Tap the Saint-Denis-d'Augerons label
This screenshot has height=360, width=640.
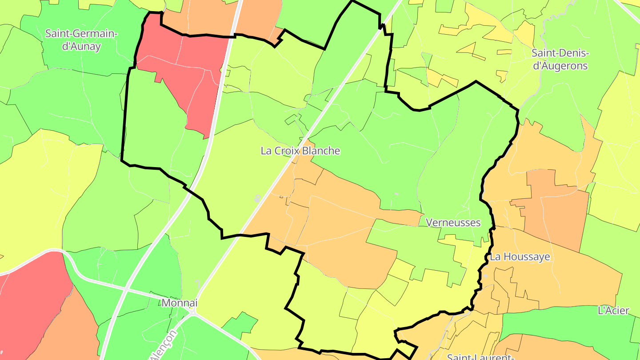[x=560, y=60]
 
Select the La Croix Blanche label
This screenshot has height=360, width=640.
[x=300, y=151]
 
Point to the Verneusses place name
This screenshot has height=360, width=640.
[x=453, y=222]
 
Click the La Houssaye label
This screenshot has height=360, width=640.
[x=520, y=256]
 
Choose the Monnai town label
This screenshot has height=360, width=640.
[x=179, y=303]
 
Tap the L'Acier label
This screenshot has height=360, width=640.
[x=613, y=310]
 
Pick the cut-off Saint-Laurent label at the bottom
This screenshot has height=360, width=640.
[x=480, y=356]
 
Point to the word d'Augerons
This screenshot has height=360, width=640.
[x=560, y=66]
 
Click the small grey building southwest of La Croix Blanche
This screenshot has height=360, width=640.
[x=257, y=198]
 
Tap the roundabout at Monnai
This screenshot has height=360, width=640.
[x=193, y=311]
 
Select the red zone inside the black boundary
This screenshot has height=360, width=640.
[x=182, y=80]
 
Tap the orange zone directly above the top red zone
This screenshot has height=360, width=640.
[x=204, y=18]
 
